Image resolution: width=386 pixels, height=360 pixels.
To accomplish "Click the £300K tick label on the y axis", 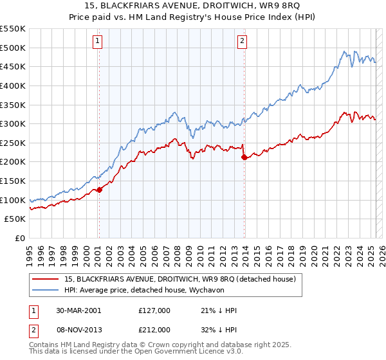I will click(13, 123).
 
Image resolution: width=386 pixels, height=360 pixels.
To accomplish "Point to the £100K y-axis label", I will click(13, 200).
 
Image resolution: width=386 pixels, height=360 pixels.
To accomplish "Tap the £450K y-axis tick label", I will click(13, 66).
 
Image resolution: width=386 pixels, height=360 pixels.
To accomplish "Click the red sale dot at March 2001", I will click(100, 190).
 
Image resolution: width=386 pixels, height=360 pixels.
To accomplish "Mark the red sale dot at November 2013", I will click(243, 157).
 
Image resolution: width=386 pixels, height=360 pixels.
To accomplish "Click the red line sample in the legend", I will click(46, 279).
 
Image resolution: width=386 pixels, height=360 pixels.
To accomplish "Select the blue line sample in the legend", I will click(46, 289).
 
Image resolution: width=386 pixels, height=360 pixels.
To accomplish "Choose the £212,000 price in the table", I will click(154, 329).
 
